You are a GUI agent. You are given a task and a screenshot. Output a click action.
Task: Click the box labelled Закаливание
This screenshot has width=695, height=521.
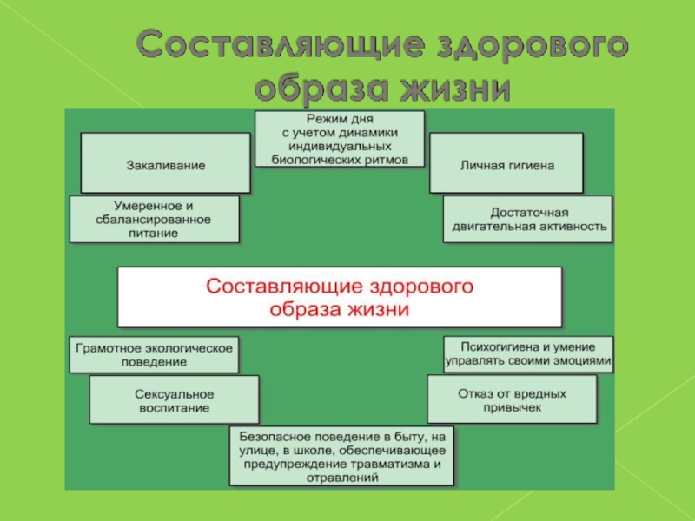(165, 163)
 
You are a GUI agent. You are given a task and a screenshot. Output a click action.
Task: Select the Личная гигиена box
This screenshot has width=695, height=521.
(506, 163)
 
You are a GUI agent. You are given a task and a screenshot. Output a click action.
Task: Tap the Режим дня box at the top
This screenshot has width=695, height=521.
(340, 138)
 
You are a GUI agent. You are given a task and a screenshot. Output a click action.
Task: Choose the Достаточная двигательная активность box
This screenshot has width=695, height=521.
(528, 220)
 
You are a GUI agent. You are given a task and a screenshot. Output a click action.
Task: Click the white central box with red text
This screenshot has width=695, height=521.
(340, 296)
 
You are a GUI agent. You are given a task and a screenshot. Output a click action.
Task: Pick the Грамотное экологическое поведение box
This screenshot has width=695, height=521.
(154, 354)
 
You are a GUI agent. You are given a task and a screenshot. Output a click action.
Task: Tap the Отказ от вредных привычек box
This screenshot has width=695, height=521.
(512, 399)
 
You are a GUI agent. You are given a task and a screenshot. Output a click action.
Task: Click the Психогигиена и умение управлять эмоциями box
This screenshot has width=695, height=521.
(528, 353)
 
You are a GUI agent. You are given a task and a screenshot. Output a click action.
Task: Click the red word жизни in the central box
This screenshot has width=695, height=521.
(374, 308)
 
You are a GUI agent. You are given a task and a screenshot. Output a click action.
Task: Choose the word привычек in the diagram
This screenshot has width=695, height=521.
(512, 406)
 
